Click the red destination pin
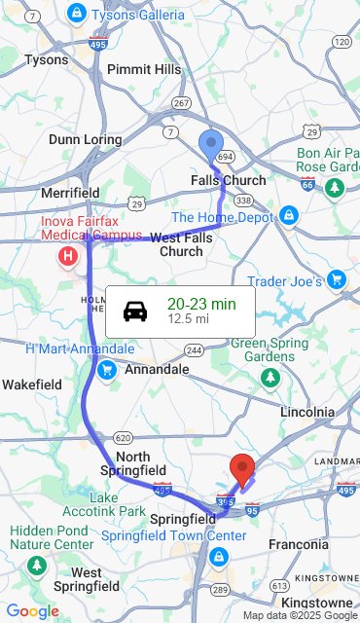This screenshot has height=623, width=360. [241, 468]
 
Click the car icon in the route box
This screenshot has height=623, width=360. [135, 311]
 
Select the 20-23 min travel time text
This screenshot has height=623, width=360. [201, 304]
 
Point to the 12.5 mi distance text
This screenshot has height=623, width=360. [188, 318]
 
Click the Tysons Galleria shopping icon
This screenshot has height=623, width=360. [77, 13]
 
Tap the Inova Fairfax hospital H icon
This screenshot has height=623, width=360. [68, 257]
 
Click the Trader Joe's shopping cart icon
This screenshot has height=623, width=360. [337, 280]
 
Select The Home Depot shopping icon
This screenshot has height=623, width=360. [288, 215]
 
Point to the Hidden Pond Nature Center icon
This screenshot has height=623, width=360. [37, 565]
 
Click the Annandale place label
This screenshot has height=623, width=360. [157, 370]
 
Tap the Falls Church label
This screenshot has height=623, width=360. [228, 180]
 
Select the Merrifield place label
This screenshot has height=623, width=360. [70, 193]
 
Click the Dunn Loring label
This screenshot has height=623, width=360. [85, 139]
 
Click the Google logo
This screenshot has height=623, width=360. [32, 611]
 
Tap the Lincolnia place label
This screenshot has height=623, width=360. [306, 412]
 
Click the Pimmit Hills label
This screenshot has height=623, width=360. [144, 69]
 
